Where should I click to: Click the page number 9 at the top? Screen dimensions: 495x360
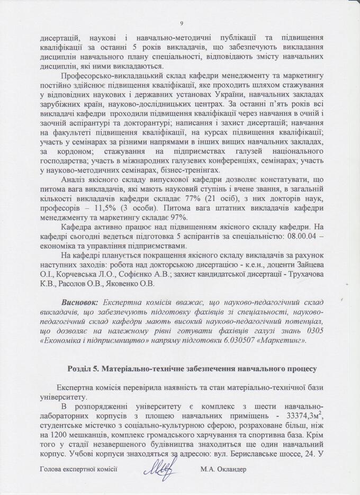click(x=181, y=23)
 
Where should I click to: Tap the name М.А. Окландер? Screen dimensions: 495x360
click(x=224, y=469)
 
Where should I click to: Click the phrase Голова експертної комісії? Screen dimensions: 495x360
click(x=78, y=469)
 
